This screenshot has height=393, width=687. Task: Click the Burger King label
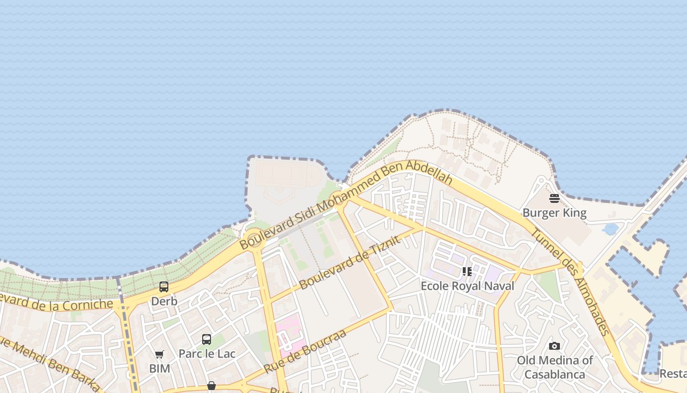[x=555, y=213]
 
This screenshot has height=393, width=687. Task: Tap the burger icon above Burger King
[x=555, y=198]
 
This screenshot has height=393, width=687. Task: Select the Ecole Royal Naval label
[x=467, y=286]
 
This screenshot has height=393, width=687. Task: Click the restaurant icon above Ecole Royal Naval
[x=467, y=272]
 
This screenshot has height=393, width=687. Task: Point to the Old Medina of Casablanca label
[x=555, y=367]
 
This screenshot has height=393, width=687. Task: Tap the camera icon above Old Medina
[x=555, y=346]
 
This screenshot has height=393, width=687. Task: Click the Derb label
[x=164, y=301]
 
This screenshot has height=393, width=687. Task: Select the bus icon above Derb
[x=164, y=287]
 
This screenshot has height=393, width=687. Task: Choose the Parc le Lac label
[x=207, y=354]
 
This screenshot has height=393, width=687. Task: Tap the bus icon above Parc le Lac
[x=207, y=339]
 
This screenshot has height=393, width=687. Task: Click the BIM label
[x=159, y=368]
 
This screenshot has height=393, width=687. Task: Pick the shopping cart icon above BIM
[x=159, y=354]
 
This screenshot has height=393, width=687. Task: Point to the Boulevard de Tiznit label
[x=349, y=262]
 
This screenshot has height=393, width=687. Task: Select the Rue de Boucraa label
[x=305, y=351]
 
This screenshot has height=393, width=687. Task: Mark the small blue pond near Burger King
[x=611, y=229]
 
